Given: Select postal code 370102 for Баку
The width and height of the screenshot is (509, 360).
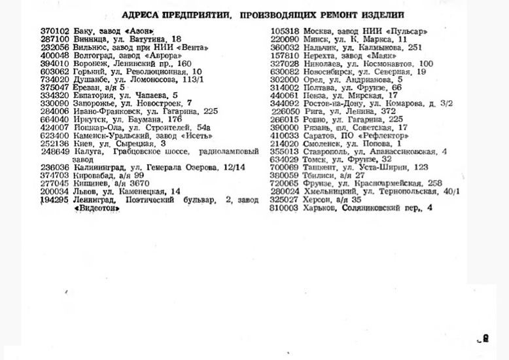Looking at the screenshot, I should point(54,31).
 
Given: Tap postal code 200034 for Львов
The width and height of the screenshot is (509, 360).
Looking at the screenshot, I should point(54,192).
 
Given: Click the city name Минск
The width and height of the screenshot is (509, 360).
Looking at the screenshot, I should point(317,39).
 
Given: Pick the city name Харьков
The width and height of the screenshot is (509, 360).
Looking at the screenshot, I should point(320,208).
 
